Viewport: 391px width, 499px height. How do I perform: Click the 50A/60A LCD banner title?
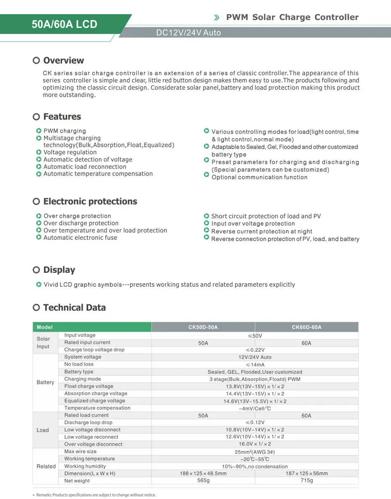65,24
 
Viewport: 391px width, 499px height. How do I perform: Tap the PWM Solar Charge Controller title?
292,17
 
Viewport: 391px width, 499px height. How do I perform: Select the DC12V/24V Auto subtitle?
189,33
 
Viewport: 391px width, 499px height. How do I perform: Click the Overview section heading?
63,60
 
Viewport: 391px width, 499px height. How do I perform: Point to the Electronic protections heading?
90,202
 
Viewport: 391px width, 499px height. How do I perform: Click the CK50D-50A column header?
203,327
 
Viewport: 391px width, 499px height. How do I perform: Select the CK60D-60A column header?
307,327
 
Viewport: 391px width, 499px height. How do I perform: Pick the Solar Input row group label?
43,343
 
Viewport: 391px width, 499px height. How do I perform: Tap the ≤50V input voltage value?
255,336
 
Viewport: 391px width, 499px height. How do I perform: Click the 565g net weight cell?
203,481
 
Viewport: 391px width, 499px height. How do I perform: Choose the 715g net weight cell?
307,481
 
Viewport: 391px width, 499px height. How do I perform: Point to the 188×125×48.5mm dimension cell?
203,473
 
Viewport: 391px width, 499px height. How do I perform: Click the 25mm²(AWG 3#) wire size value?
255,452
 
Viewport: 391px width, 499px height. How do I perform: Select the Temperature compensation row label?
97,408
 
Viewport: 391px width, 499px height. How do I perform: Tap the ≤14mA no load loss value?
255,364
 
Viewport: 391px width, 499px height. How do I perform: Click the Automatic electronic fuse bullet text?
80,238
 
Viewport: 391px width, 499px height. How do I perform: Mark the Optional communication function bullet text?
259,177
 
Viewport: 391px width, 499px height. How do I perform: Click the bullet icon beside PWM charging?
39,131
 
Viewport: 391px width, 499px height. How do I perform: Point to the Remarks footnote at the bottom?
96,495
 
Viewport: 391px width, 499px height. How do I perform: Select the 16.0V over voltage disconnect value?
255,444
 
